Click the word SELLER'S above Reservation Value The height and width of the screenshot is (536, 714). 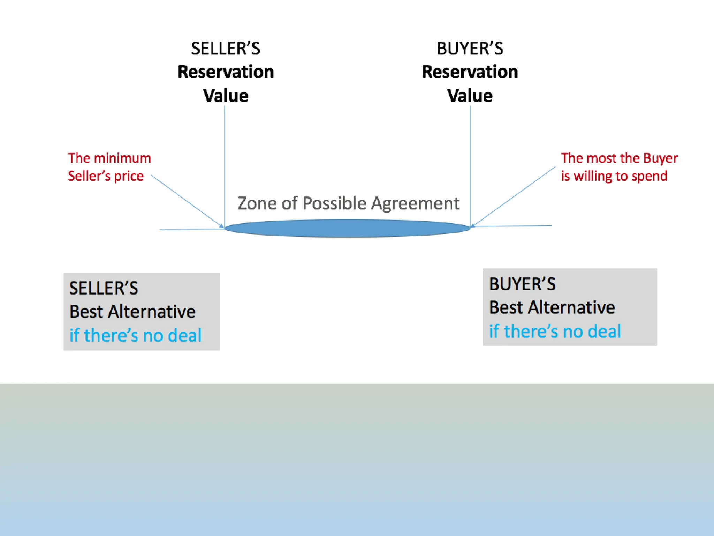226,49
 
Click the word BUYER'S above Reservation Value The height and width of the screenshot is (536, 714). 470,49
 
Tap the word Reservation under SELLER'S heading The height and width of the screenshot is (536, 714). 226,72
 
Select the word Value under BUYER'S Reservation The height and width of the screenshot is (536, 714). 470,96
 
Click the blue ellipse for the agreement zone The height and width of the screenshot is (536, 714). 347,228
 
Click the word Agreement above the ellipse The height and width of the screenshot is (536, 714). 415,204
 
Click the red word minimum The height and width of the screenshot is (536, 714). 122,158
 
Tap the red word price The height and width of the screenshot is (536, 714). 129,176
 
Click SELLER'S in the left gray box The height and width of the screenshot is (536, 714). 104,288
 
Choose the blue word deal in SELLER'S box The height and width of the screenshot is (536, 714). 184,335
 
